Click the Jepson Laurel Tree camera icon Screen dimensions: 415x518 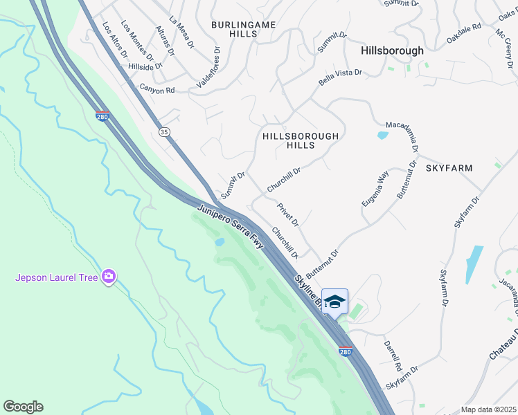coord(108,277)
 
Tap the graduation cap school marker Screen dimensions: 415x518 coord(334,302)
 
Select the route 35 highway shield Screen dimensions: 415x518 coord(164,131)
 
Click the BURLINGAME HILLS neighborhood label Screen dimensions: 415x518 coord(243,30)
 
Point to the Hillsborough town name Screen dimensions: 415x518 coord(392,51)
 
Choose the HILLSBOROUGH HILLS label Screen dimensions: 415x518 coord(301,141)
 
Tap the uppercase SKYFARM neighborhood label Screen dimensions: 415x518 coord(449,168)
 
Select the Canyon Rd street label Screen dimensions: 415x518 coord(157,89)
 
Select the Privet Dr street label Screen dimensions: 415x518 coord(287,214)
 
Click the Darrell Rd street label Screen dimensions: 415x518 coord(393,353)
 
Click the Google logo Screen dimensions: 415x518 coord(23,407)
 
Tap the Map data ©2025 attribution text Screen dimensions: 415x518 coord(489,409)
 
